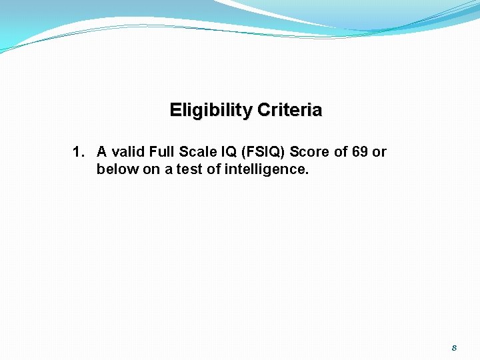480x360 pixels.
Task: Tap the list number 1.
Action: point(78,152)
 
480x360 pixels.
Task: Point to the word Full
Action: point(162,152)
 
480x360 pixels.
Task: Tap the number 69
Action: point(360,152)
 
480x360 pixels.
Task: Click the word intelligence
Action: point(267,169)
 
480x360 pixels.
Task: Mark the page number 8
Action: point(454,348)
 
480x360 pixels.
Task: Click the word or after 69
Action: point(379,152)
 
